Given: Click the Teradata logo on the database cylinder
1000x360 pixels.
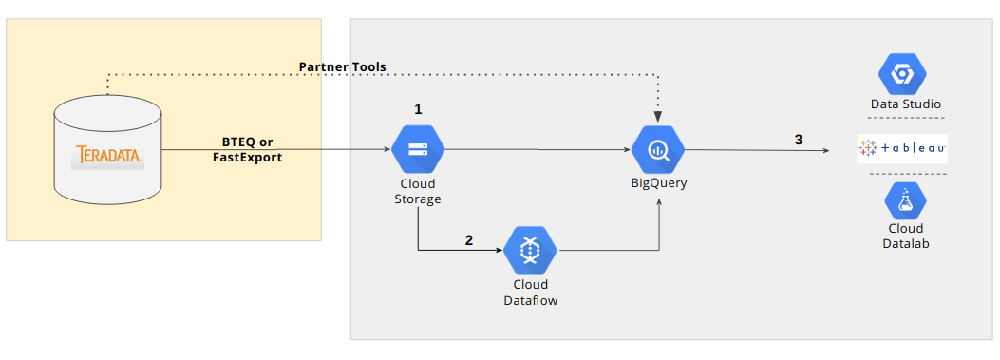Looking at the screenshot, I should tap(107, 156).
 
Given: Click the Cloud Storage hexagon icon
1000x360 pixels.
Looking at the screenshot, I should tap(418, 149).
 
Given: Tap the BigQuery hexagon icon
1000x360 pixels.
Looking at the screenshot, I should tap(659, 149).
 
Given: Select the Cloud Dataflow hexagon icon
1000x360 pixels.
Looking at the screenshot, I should tap(530, 250).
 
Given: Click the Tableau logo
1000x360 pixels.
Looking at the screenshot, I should tap(902, 148).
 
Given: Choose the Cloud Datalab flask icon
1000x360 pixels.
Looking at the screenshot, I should tap(905, 200).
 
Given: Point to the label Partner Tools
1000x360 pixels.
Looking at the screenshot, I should tap(342, 66).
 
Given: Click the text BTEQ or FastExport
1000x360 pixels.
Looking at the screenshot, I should tap(247, 149).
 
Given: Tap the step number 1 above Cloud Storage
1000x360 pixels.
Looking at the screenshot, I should tap(418, 109).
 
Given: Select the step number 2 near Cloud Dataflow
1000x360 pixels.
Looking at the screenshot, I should tap(468, 239).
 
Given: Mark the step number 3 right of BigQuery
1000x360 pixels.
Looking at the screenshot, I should tap(799, 140).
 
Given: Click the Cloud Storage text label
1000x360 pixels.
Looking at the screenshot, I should tap(418, 191).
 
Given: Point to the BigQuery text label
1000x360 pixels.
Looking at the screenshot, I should tap(659, 183).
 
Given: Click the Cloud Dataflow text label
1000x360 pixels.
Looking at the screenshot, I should tap(530, 292).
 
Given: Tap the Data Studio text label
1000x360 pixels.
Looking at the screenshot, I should tap(906, 104).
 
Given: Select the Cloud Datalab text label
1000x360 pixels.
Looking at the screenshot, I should tap(905, 236).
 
